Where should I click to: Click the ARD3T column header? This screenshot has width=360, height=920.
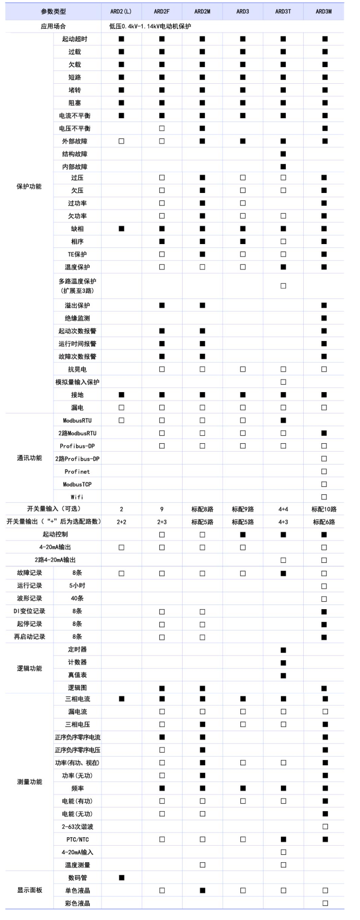coord(283,11)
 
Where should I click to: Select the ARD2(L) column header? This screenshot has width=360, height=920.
coord(121,11)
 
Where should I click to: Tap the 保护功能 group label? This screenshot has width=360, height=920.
coord(29,186)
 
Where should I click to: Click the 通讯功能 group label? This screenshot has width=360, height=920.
coord(29,458)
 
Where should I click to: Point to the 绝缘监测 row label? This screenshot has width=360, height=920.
coord(77,318)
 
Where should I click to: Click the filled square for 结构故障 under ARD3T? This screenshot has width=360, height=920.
coord(283,154)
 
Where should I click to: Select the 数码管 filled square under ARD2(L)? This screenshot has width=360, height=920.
coord(122,877)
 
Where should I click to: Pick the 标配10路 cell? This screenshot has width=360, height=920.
coord(324,509)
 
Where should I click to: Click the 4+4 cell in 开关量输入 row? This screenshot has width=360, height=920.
coord(283,509)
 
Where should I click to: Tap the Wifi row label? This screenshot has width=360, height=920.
coord(77,497)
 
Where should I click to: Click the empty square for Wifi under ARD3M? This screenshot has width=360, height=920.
coord(324,497)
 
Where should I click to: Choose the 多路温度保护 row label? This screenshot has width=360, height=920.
coord(77,286)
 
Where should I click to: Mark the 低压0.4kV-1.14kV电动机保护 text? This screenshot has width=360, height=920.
coord(150,26)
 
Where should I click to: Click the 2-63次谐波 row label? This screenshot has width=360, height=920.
coord(77,826)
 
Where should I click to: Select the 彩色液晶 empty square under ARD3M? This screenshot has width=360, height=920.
coord(325,903)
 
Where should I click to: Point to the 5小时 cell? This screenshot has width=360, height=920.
coord(77,586)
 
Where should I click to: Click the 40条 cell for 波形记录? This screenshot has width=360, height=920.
coord(77,598)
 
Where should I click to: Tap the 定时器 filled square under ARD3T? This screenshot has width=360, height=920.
coord(283,650)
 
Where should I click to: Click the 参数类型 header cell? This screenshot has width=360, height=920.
coord(53,11)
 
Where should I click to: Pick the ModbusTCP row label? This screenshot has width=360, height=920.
coord(77,484)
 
